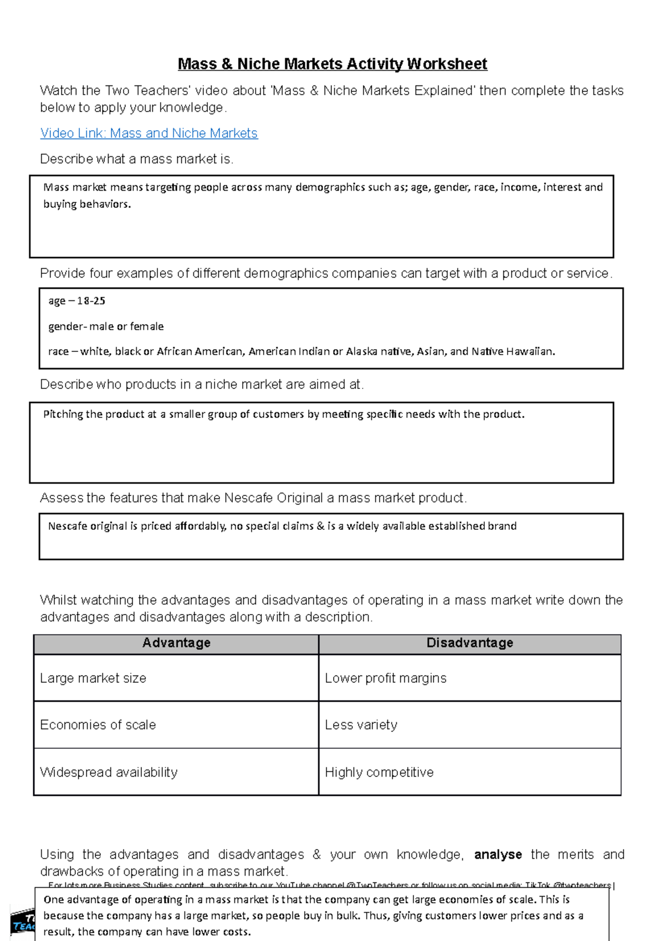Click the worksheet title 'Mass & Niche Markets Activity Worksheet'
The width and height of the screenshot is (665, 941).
(332, 64)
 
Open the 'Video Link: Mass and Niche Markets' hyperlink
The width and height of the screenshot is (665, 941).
(149, 134)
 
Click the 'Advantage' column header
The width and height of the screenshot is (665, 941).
(176, 643)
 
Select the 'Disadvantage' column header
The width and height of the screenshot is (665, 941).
(469, 643)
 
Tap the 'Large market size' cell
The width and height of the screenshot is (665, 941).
(93, 678)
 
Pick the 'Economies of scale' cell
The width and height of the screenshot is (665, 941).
(98, 725)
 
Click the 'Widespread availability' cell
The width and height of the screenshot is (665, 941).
(109, 773)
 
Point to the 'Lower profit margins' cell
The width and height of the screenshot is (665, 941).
(385, 678)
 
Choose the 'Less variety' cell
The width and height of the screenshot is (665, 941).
(361, 725)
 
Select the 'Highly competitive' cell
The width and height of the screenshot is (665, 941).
(379, 773)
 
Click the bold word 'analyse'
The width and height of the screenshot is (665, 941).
(498, 855)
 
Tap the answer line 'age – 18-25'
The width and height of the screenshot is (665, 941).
(76, 301)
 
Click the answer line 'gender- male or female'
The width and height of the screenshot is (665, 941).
(106, 326)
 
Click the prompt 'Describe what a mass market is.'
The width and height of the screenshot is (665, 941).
(136, 160)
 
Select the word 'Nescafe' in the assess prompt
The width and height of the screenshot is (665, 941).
(248, 498)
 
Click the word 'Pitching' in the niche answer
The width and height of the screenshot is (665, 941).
(63, 415)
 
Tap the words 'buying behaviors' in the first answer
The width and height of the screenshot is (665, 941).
(86, 204)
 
